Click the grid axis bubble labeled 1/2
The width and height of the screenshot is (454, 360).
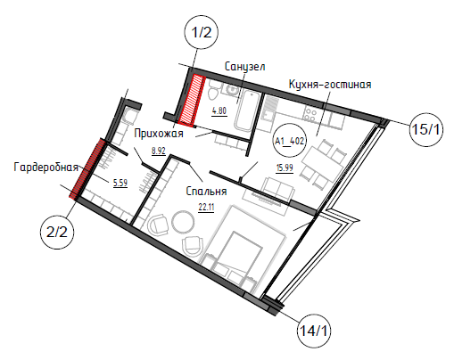202,32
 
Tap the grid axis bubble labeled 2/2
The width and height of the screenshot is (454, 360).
57,232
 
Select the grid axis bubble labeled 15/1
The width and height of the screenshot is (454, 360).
425,129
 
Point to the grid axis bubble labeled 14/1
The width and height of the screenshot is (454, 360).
314,331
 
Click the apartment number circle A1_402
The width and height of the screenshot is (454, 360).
290,141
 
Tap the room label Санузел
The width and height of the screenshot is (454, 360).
244,67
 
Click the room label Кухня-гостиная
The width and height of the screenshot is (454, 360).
330,85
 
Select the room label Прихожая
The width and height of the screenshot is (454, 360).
159,134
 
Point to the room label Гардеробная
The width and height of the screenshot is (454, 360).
45,168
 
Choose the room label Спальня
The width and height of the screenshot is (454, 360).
206,191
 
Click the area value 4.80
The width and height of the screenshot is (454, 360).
219,111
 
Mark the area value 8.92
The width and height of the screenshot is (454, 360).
159,151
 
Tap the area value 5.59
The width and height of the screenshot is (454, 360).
120,183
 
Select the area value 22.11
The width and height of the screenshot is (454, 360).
206,207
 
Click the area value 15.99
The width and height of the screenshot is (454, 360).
285,168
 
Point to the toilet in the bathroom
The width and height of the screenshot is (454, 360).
213,90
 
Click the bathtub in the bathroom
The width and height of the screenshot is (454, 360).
246,111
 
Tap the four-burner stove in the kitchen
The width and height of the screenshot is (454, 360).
310,114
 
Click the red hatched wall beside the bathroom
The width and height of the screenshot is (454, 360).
192,99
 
